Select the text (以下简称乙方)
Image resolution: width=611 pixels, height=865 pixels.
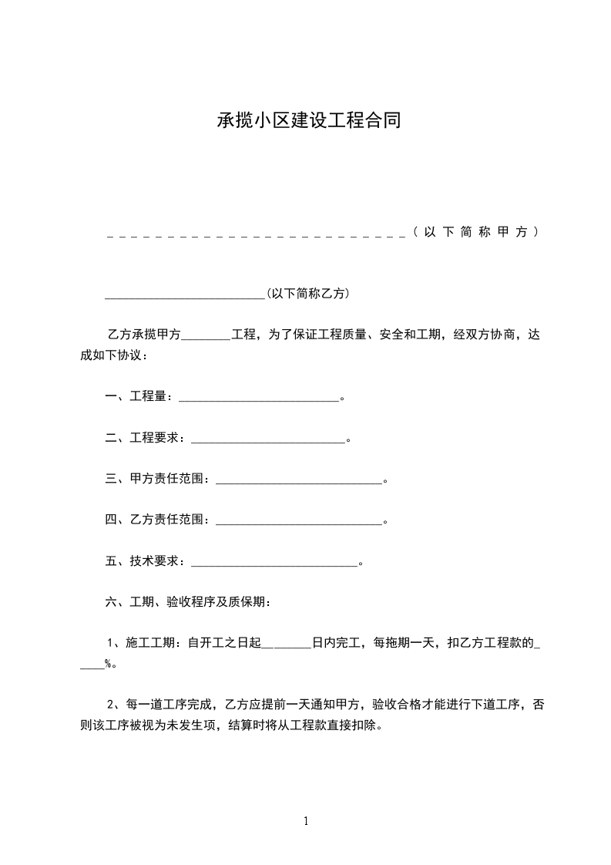pyautogui.click(x=307, y=293)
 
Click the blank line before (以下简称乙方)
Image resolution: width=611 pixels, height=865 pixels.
pyautogui.click(x=185, y=296)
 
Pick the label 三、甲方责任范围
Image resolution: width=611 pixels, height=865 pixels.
pyautogui.click(x=159, y=479)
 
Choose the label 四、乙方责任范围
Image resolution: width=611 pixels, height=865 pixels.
pyautogui.click(x=159, y=520)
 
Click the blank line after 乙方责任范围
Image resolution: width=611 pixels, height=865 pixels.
pyautogui.click(x=300, y=523)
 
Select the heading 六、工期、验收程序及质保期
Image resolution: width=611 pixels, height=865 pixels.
pyautogui.click(x=187, y=601)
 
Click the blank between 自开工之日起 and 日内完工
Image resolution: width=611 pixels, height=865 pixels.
pyautogui.click(x=286, y=645)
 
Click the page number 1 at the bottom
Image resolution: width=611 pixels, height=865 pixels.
pyautogui.click(x=306, y=821)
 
